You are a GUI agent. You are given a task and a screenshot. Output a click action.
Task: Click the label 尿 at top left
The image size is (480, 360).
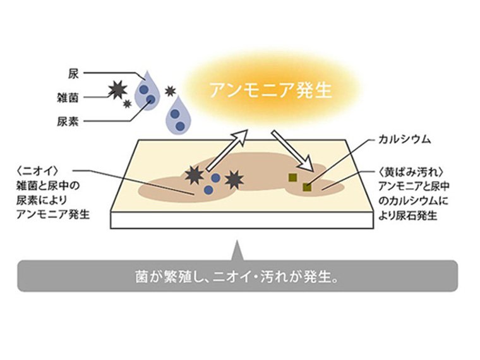click(73, 74)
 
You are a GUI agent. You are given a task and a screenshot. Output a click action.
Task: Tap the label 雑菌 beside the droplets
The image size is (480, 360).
click(68, 98)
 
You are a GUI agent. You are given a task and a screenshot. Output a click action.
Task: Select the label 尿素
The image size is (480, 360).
click(68, 121)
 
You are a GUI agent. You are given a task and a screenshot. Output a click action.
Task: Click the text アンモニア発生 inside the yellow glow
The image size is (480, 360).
click(270, 90)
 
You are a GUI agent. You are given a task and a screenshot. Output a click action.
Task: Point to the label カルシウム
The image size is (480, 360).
click(405, 140)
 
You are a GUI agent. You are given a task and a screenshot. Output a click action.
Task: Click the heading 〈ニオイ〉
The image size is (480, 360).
click(38, 171)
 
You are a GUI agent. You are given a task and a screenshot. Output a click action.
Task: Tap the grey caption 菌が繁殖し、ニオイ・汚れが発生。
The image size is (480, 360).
click(237, 277)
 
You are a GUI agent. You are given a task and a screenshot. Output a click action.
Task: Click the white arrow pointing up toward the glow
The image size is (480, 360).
click(227, 150)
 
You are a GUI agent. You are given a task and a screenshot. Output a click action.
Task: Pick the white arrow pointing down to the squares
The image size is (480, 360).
click(292, 150)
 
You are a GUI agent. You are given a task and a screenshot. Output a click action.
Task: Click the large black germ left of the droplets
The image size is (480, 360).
click(118, 90)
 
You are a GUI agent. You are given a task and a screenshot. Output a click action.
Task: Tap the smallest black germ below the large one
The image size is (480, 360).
click(127, 104)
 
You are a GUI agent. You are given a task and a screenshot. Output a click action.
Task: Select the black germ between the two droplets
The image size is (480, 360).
click(170, 91)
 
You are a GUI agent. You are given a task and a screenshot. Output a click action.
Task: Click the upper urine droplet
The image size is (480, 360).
click(148, 91)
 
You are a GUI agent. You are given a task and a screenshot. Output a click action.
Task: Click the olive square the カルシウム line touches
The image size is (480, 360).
click(307, 187)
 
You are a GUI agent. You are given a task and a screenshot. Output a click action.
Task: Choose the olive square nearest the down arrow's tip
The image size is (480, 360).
click(293, 177)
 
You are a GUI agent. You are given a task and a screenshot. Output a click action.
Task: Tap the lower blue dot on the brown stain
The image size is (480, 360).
click(208, 190)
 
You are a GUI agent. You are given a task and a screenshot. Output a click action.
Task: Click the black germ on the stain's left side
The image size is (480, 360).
click(195, 176)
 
